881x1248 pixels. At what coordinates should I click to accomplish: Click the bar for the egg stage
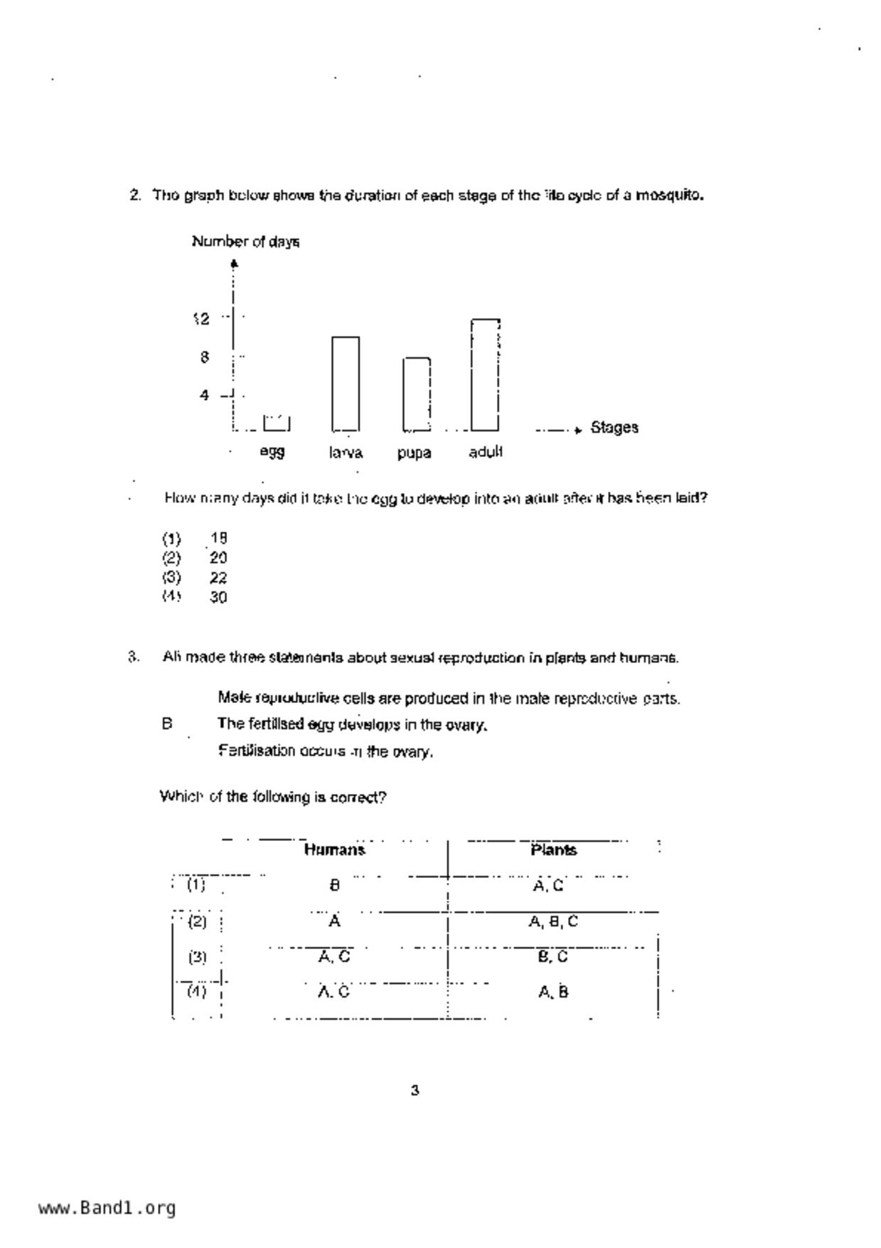pos(277,423)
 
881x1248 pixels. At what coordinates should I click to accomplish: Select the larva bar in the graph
pos(346,384)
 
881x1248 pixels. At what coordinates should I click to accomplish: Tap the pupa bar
pos(417,394)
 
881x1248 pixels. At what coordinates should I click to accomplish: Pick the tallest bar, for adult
pos(485,375)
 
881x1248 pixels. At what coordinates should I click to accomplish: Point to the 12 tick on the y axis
pos(202,319)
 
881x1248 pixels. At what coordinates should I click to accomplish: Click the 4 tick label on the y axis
pos(205,396)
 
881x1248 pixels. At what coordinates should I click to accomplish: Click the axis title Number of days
pos(245,242)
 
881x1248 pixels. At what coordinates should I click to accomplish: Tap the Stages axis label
pos(614,428)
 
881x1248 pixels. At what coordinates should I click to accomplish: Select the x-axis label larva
pos(346,453)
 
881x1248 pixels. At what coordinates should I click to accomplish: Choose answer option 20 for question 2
pos(218,558)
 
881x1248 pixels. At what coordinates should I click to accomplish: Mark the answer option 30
pos(218,598)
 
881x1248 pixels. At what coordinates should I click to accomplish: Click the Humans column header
pos(334,850)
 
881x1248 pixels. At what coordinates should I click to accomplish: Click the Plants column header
pos(553,850)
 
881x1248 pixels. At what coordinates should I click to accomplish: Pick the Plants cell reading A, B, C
pos(553,921)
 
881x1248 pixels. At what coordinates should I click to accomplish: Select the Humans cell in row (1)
pos(335,886)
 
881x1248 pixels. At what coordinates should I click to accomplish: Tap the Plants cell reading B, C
pos(552,957)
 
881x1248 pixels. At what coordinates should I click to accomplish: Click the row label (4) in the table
pos(197,991)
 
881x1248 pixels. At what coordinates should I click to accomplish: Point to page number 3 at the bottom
pos(415,1090)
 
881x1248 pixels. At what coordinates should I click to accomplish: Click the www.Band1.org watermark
pos(107,1207)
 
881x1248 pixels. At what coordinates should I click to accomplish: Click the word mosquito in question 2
pos(668,195)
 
